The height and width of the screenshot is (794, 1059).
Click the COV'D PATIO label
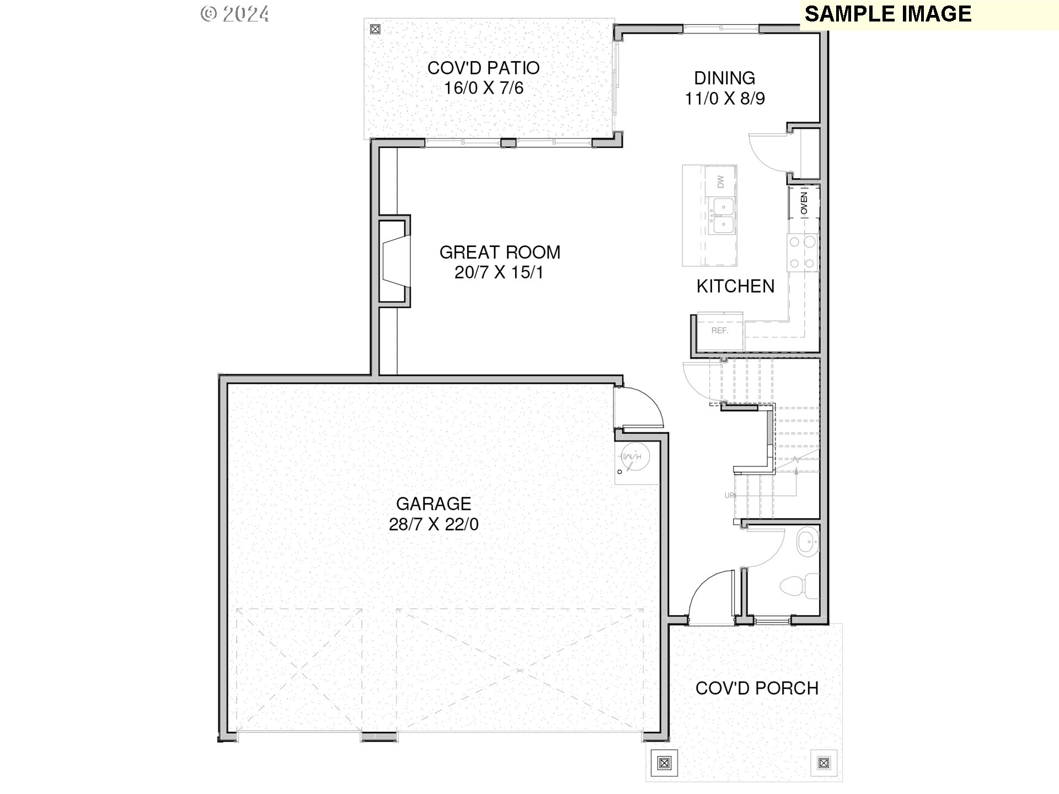[x=483, y=68]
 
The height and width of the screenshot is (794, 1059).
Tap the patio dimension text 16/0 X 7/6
[x=484, y=88]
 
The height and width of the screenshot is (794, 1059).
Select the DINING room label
[x=724, y=78]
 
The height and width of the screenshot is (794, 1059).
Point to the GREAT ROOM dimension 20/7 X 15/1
[x=499, y=272]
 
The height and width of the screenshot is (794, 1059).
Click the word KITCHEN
[x=735, y=286]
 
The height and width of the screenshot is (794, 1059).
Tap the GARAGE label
[x=434, y=504]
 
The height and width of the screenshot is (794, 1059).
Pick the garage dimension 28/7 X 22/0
[x=434, y=524]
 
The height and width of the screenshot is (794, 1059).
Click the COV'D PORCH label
[x=757, y=688]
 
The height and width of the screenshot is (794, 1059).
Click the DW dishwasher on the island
[x=720, y=181]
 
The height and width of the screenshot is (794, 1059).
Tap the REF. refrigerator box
[x=720, y=331]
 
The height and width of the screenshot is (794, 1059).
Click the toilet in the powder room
[x=800, y=586]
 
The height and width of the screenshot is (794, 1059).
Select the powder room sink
[x=808, y=543]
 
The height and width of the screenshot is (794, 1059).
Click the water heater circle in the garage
[x=634, y=457]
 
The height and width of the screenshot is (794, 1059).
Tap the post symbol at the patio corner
[x=376, y=29]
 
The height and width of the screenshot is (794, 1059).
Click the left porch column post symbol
[x=664, y=763]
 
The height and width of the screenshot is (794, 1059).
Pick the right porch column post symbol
[x=823, y=763]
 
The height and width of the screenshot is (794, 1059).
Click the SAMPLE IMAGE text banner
[x=887, y=14]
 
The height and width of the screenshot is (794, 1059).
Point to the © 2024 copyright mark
[x=235, y=14]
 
